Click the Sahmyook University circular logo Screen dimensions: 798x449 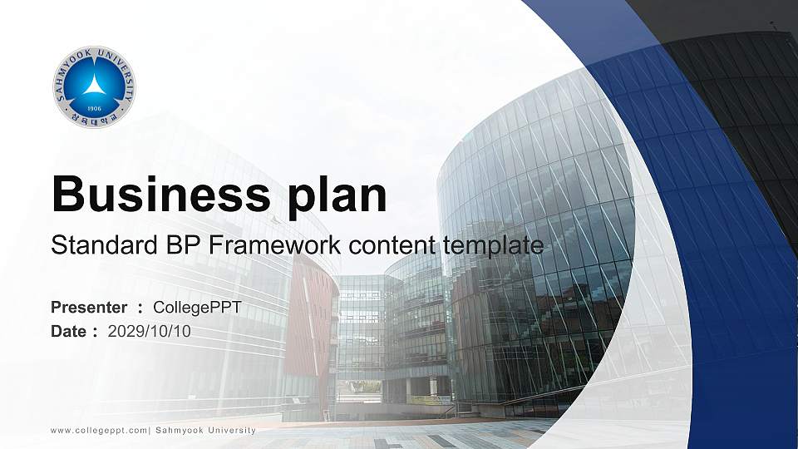click(95, 87)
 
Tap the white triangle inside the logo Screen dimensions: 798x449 click(94, 85)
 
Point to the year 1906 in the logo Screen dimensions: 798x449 click(95, 108)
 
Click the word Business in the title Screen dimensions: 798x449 click(160, 194)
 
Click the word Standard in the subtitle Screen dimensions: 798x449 click(105, 244)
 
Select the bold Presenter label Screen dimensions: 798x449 click(89, 308)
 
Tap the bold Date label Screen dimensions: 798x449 click(68, 332)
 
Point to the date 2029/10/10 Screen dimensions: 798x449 click(149, 332)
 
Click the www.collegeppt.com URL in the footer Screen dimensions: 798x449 click(99, 431)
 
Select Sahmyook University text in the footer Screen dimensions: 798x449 click(205, 431)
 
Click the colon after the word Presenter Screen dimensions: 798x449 click(140, 308)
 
